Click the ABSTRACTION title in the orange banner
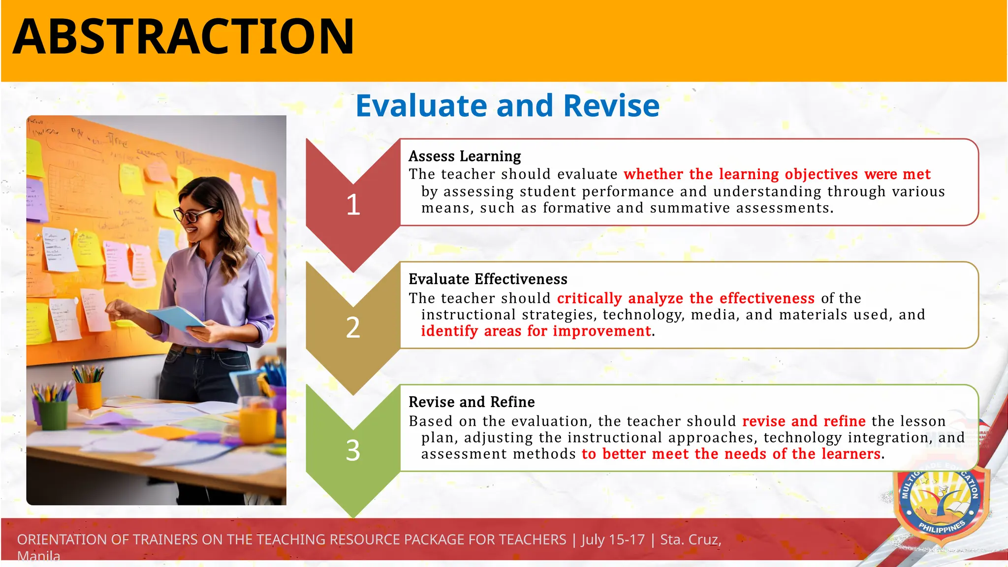click(x=183, y=37)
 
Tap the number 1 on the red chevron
click(x=353, y=205)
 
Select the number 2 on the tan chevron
click(x=353, y=328)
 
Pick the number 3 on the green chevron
click(x=353, y=450)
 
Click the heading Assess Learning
click(x=464, y=156)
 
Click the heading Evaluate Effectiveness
click(x=487, y=279)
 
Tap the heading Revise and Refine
click(x=471, y=402)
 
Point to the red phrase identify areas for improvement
click(x=535, y=331)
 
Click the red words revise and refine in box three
click(x=803, y=421)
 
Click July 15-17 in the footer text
click(x=613, y=539)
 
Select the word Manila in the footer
click(x=38, y=557)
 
